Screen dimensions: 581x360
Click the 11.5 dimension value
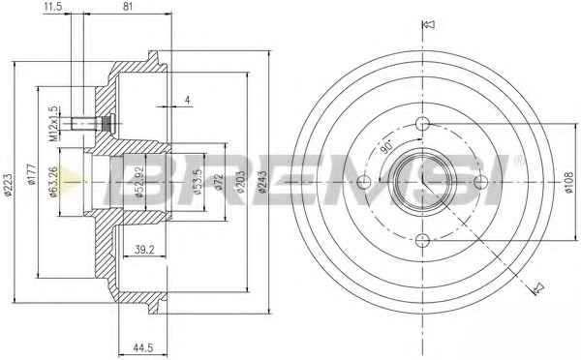click(52, 7)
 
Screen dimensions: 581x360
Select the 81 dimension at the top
click(127, 7)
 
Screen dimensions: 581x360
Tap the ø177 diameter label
click(32, 174)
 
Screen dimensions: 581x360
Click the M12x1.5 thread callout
click(53, 124)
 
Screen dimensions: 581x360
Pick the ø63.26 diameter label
click(53, 182)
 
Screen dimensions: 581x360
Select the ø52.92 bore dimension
click(139, 182)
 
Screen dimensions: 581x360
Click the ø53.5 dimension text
click(198, 182)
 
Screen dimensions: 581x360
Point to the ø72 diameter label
click(219, 182)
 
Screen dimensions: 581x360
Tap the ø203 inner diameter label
click(240, 182)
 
